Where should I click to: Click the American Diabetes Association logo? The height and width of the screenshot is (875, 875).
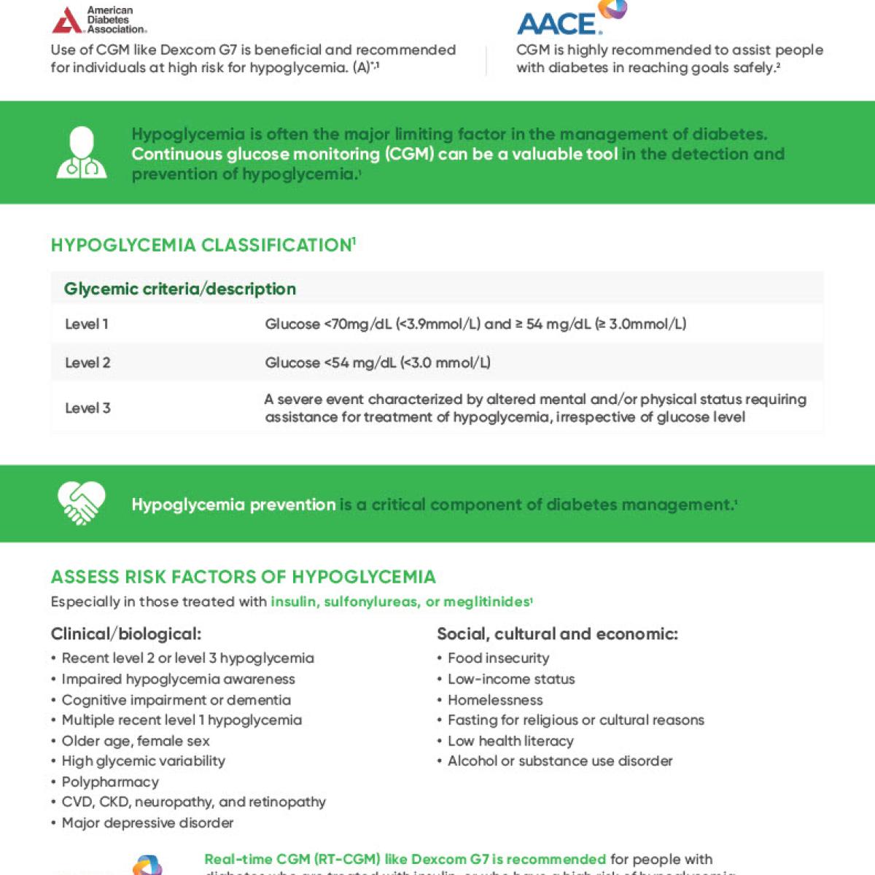99,20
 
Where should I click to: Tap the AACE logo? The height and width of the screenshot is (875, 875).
571,20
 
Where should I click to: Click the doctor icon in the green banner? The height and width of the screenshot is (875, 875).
82,153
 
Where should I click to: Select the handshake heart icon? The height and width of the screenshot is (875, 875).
81,503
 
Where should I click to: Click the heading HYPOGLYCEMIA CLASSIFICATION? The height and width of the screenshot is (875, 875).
203,245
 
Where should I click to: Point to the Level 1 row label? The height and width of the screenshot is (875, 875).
87,324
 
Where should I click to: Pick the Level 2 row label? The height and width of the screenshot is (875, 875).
87,363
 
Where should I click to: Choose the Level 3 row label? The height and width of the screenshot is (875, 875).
87,408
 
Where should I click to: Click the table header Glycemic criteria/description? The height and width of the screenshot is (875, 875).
180,289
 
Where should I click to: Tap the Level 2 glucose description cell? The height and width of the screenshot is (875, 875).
377,363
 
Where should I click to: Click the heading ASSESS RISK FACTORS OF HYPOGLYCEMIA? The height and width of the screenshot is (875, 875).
243,577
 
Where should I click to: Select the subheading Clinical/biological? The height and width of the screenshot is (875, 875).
126,634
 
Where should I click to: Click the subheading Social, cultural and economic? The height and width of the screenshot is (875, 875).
557,634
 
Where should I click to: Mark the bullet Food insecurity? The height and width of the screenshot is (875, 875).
498,658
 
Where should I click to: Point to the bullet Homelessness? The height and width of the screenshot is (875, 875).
495,700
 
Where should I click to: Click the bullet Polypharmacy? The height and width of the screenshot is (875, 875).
110,782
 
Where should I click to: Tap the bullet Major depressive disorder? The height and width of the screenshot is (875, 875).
147,823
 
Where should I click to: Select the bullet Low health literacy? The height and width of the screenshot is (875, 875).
510,741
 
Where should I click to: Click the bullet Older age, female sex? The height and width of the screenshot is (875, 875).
136,741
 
